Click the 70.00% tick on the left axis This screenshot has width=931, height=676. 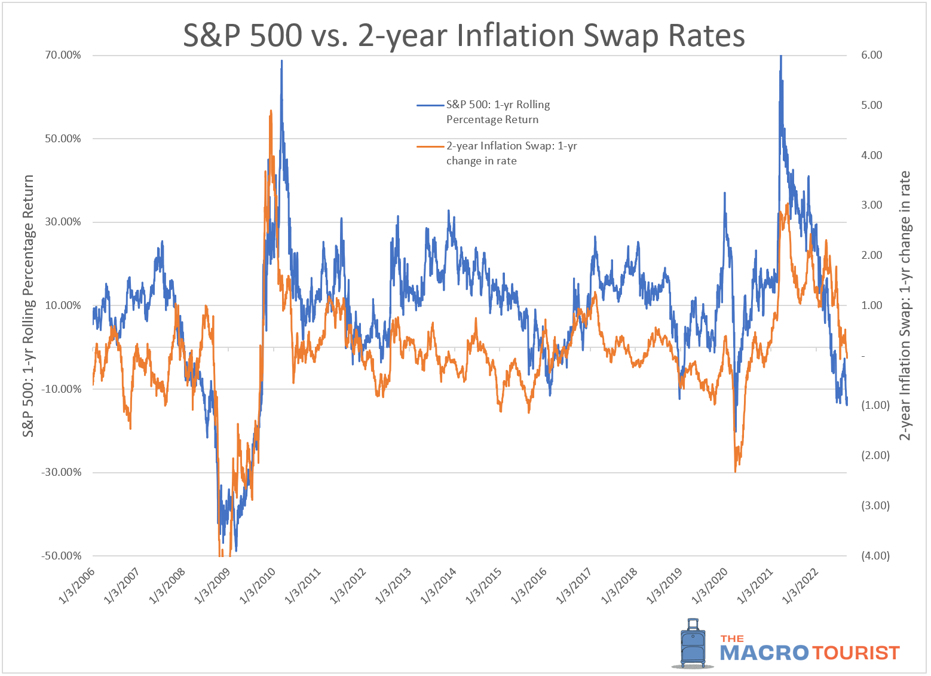click(x=62, y=55)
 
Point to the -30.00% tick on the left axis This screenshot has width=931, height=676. click(x=61, y=472)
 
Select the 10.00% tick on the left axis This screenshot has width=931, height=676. click(x=63, y=305)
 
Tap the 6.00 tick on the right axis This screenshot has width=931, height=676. click(x=871, y=55)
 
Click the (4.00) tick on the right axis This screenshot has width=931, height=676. click(x=875, y=556)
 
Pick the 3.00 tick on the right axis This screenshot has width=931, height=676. click(x=871, y=205)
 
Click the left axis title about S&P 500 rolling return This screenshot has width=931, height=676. click(x=28, y=305)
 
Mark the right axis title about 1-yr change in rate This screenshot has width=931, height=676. click(x=905, y=305)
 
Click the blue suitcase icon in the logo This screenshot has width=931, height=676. click(x=693, y=644)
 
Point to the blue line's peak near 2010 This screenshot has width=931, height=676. click(x=281, y=61)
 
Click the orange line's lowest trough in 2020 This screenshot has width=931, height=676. click(x=735, y=472)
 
